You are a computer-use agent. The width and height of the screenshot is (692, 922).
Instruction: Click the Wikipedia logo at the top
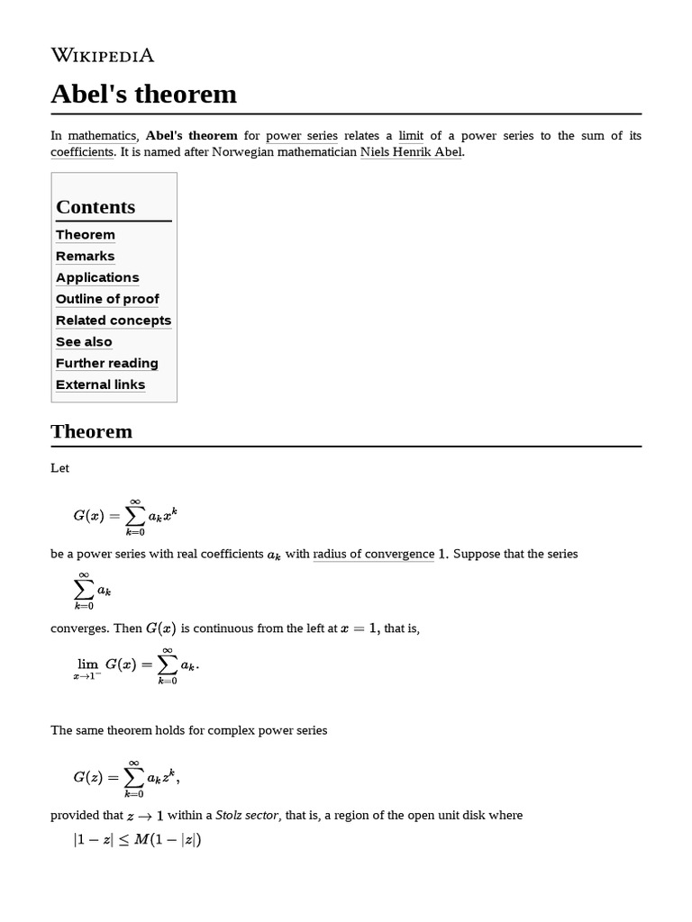tap(103, 56)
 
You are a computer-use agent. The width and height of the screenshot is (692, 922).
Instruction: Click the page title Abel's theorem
tap(144, 94)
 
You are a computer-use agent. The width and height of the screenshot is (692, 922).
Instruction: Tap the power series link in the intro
tap(302, 136)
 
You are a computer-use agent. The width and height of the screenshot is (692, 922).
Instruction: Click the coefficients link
tap(82, 152)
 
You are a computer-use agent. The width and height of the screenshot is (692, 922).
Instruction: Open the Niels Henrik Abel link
tap(412, 152)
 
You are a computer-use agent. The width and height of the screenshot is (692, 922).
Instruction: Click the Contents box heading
tap(96, 207)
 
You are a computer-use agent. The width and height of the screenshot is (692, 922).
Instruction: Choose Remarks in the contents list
tap(85, 256)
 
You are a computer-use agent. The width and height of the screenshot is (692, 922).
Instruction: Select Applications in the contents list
tap(97, 277)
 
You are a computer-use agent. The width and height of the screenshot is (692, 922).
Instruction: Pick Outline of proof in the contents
tap(107, 299)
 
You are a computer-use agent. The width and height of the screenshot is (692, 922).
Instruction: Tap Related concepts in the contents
tap(113, 321)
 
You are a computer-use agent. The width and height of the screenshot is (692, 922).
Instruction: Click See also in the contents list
tap(84, 342)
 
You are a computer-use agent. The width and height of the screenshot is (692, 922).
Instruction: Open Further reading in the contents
tap(106, 364)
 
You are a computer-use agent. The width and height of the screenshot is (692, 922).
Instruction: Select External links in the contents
tap(100, 385)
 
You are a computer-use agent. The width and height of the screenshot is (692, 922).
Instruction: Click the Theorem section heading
tap(92, 431)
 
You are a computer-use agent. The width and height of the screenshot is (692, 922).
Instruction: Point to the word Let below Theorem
tap(60, 468)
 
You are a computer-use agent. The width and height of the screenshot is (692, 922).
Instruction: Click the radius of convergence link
tap(373, 554)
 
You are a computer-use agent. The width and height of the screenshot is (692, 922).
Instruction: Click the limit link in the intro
tap(411, 136)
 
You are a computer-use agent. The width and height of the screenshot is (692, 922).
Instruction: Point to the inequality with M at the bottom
tap(136, 842)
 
